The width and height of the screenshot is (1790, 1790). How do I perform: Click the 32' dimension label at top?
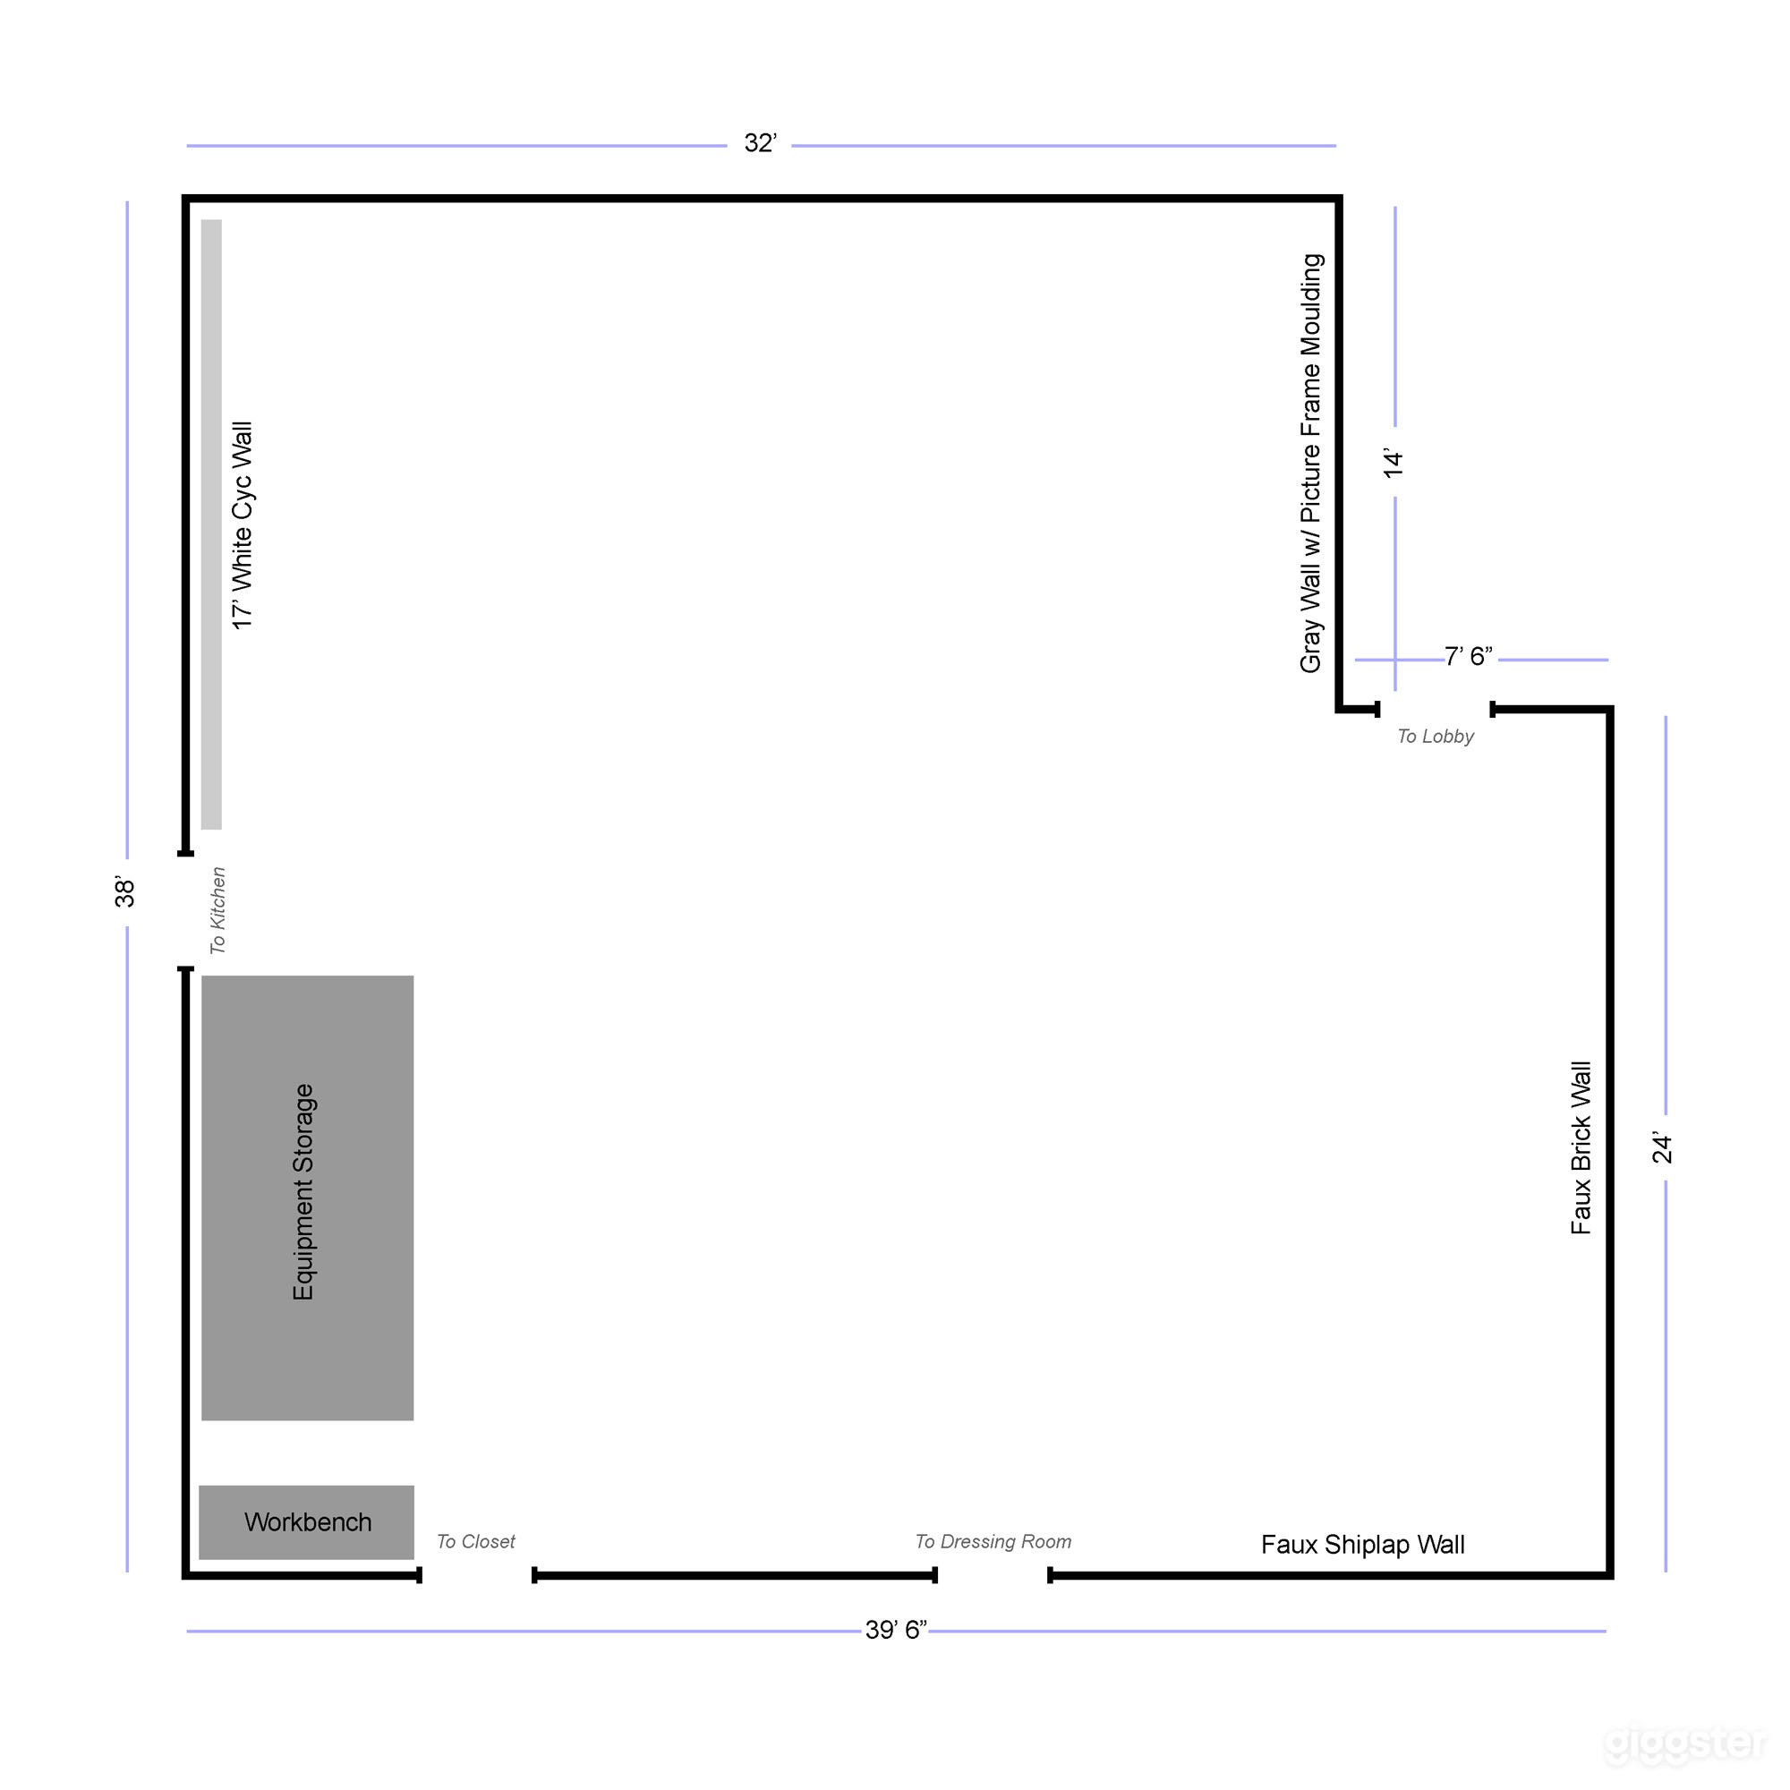tap(760, 143)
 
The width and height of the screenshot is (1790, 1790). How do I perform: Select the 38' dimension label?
tap(125, 891)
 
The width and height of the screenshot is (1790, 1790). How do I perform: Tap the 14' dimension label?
tap(1394, 464)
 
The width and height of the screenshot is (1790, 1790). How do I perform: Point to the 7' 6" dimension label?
tap(1469, 657)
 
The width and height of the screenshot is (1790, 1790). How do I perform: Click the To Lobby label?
tap(1436, 737)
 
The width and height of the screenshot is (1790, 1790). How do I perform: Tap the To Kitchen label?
tap(217, 910)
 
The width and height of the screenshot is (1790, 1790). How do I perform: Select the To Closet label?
tap(475, 1542)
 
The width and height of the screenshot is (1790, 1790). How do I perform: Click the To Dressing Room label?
tap(993, 1542)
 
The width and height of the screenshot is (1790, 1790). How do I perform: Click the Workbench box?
tap(307, 1522)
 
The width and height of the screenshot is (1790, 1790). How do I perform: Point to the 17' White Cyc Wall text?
tap(243, 525)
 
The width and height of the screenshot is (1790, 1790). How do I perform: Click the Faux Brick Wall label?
tap(1581, 1148)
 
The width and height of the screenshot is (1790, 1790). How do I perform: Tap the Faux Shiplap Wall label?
tap(1362, 1545)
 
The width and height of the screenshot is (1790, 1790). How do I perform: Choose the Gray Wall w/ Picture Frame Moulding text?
tap(1311, 464)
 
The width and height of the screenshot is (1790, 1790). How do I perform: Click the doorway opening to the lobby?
tap(1436, 710)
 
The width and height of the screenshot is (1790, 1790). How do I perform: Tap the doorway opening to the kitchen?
tap(186, 911)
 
